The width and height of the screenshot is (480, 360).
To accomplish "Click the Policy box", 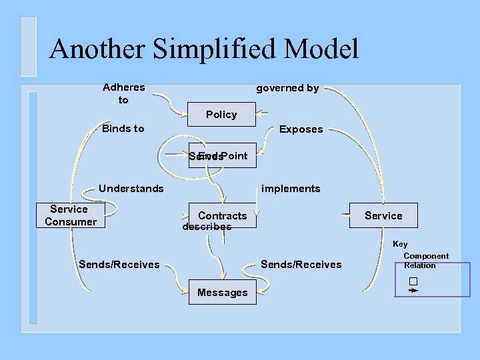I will pyautogui.click(x=221, y=115).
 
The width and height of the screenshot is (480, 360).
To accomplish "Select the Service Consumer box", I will pyautogui.click(x=70, y=215).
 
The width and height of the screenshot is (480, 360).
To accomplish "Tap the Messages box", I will pyautogui.click(x=222, y=292).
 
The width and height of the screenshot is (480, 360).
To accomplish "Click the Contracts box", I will pyautogui.click(x=222, y=215).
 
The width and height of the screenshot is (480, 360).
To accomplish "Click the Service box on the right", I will pyautogui.click(x=383, y=215).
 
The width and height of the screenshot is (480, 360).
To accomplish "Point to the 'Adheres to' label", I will pyautogui.click(x=123, y=93).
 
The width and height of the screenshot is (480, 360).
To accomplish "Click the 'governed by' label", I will pyautogui.click(x=287, y=88).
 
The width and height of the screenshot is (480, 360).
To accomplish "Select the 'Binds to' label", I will pyautogui.click(x=123, y=129).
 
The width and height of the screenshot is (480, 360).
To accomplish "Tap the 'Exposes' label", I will pyautogui.click(x=301, y=129).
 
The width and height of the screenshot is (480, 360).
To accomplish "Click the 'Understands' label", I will pyautogui.click(x=131, y=189).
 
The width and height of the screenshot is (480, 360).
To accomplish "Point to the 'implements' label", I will pyautogui.click(x=291, y=189).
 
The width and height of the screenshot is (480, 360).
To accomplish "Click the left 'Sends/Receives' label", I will pyautogui.click(x=119, y=265).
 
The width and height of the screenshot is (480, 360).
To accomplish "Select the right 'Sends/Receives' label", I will pyautogui.click(x=301, y=265).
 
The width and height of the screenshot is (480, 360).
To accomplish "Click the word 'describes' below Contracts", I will pyautogui.click(x=207, y=227).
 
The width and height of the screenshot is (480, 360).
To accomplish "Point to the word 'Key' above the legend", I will pyautogui.click(x=400, y=244).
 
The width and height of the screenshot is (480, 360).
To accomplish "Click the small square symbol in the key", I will pyautogui.click(x=413, y=281).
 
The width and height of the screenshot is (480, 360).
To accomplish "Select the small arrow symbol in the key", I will pyautogui.click(x=413, y=291).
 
